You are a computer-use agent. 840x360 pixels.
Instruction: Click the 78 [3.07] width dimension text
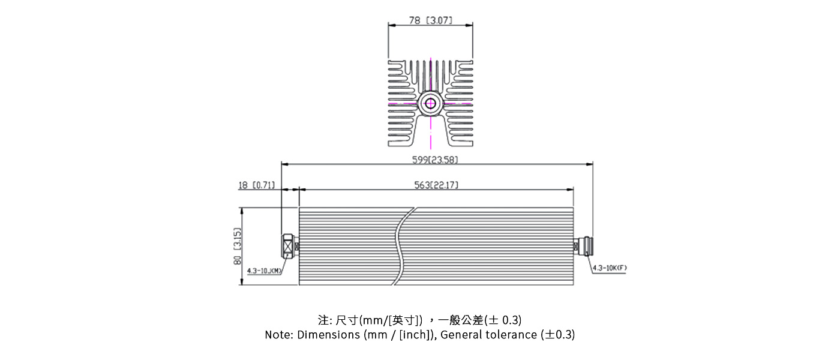pyautogui.click(x=430, y=20)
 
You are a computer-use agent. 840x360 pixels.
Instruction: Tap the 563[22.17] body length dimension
pyautogui.click(x=436, y=185)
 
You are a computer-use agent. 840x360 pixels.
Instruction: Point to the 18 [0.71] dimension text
pyautogui.click(x=256, y=185)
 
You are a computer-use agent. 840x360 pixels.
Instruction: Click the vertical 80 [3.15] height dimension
pyautogui.click(x=237, y=247)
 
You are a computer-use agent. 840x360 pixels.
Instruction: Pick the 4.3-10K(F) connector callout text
pyautogui.click(x=609, y=268)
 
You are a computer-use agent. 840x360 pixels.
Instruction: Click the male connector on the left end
pyautogui.click(x=289, y=246)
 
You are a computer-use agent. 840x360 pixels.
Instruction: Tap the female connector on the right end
pyautogui.click(x=583, y=246)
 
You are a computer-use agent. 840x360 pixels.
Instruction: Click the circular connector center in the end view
pyautogui.click(x=430, y=103)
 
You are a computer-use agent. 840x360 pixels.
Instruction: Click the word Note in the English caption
pyautogui.click(x=278, y=335)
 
